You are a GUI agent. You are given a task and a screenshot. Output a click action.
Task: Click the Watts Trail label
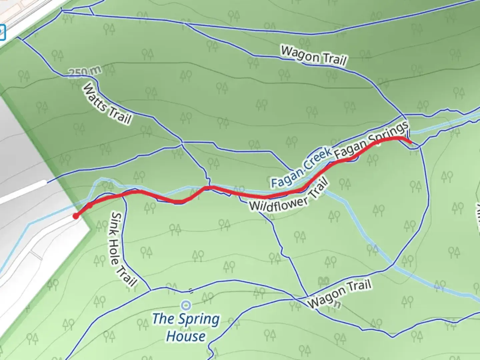[107, 103]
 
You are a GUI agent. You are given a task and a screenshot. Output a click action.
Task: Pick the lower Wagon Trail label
[339, 294]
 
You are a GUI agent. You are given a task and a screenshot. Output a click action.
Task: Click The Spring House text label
[186, 327]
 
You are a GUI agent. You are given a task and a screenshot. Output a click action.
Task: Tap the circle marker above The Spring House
[186, 305]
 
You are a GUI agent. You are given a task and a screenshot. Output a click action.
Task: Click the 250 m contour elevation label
[85, 72]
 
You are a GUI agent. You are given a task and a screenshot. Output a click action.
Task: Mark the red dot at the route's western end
[76, 216]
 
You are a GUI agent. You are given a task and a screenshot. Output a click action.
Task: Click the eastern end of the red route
[410, 142]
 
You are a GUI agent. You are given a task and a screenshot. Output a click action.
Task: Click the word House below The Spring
[186, 336]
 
